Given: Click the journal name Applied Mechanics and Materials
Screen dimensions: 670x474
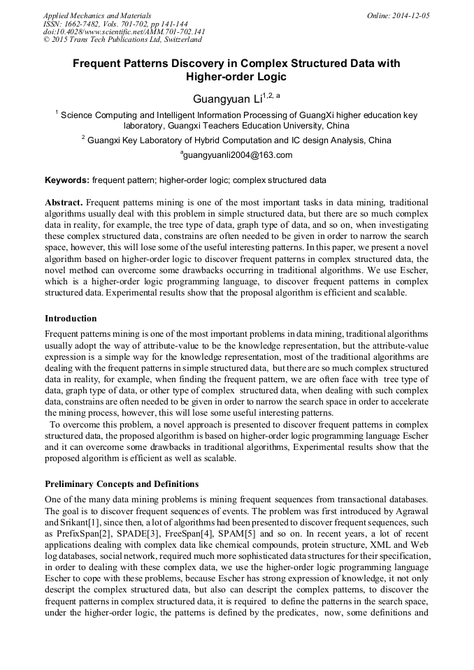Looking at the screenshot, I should (96, 15).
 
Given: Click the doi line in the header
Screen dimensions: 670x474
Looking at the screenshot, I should (124, 31).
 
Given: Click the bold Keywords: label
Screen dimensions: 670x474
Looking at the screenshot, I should (67, 180).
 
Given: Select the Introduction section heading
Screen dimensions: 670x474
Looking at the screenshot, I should (71, 319).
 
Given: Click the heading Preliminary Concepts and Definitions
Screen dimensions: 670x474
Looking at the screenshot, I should (122, 483).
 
